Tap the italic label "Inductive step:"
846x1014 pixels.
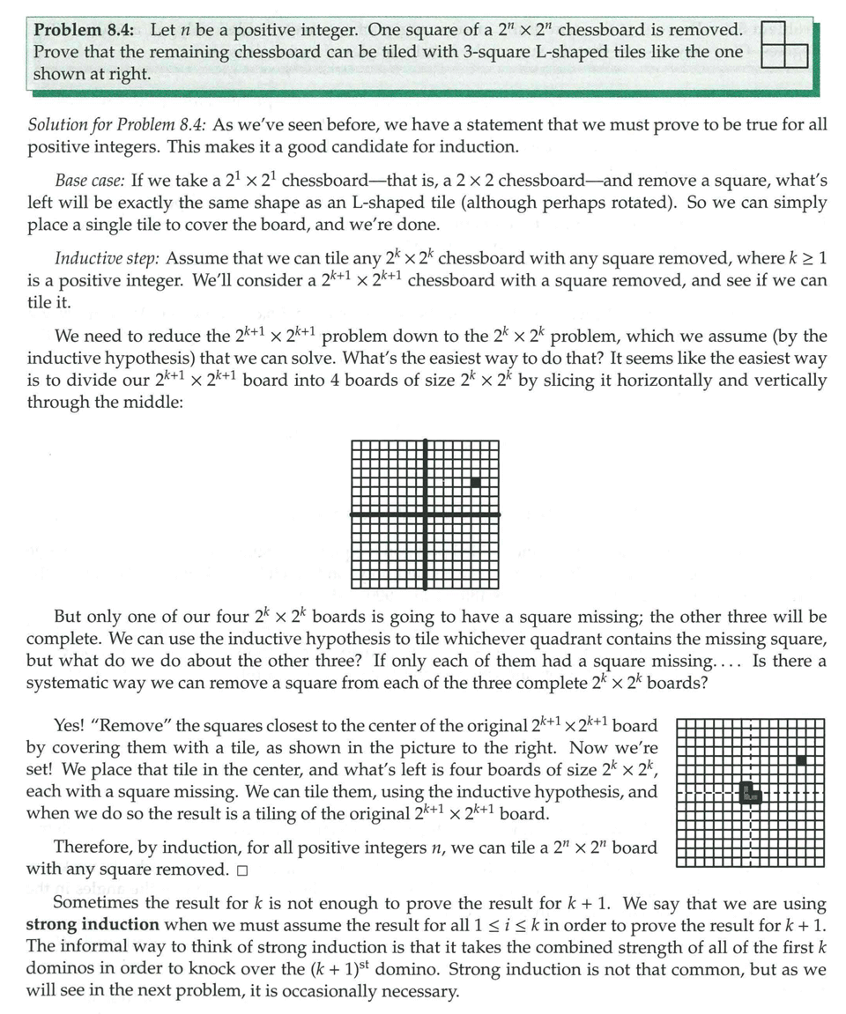107,259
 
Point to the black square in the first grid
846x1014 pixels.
476,482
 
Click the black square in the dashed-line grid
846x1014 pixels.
800,759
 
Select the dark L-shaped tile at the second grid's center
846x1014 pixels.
749,791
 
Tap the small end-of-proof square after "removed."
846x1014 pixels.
241,870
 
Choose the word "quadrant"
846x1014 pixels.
523,638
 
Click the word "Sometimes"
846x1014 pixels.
94,904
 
